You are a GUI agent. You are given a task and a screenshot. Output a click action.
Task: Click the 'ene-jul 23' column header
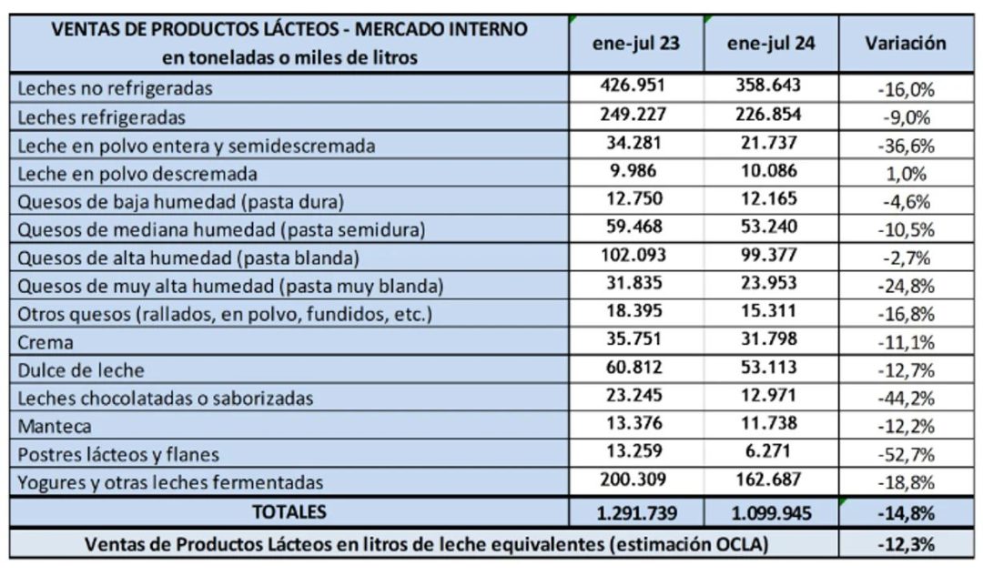click(x=635, y=44)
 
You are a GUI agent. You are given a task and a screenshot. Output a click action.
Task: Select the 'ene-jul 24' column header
click(x=771, y=44)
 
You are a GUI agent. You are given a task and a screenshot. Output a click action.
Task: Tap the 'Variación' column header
click(x=906, y=44)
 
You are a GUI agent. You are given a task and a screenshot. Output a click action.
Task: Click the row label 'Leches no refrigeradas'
click(x=115, y=88)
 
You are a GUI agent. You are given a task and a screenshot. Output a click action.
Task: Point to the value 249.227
click(x=633, y=114)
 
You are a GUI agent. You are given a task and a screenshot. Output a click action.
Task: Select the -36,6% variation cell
click(x=906, y=146)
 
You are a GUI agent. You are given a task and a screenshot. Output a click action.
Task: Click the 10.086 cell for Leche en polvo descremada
click(x=768, y=170)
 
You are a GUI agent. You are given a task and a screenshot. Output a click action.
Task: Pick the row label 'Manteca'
click(x=55, y=426)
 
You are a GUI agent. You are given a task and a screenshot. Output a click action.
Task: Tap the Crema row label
click(x=46, y=342)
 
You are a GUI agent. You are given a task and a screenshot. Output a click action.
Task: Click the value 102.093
click(x=633, y=255)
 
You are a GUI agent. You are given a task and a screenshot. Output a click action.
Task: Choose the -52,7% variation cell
click(x=906, y=454)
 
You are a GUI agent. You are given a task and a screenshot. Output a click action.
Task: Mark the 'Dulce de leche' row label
click(x=81, y=370)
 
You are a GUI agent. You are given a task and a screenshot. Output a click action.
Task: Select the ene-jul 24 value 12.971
click(x=768, y=396)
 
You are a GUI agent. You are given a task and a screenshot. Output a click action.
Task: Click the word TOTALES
click(x=289, y=512)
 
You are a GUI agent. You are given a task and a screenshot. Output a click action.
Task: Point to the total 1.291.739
click(x=637, y=513)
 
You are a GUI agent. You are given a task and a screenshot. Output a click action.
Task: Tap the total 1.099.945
click(x=771, y=513)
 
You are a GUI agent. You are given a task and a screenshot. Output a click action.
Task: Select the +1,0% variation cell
click(x=907, y=174)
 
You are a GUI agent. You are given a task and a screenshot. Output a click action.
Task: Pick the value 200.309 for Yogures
click(x=633, y=480)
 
